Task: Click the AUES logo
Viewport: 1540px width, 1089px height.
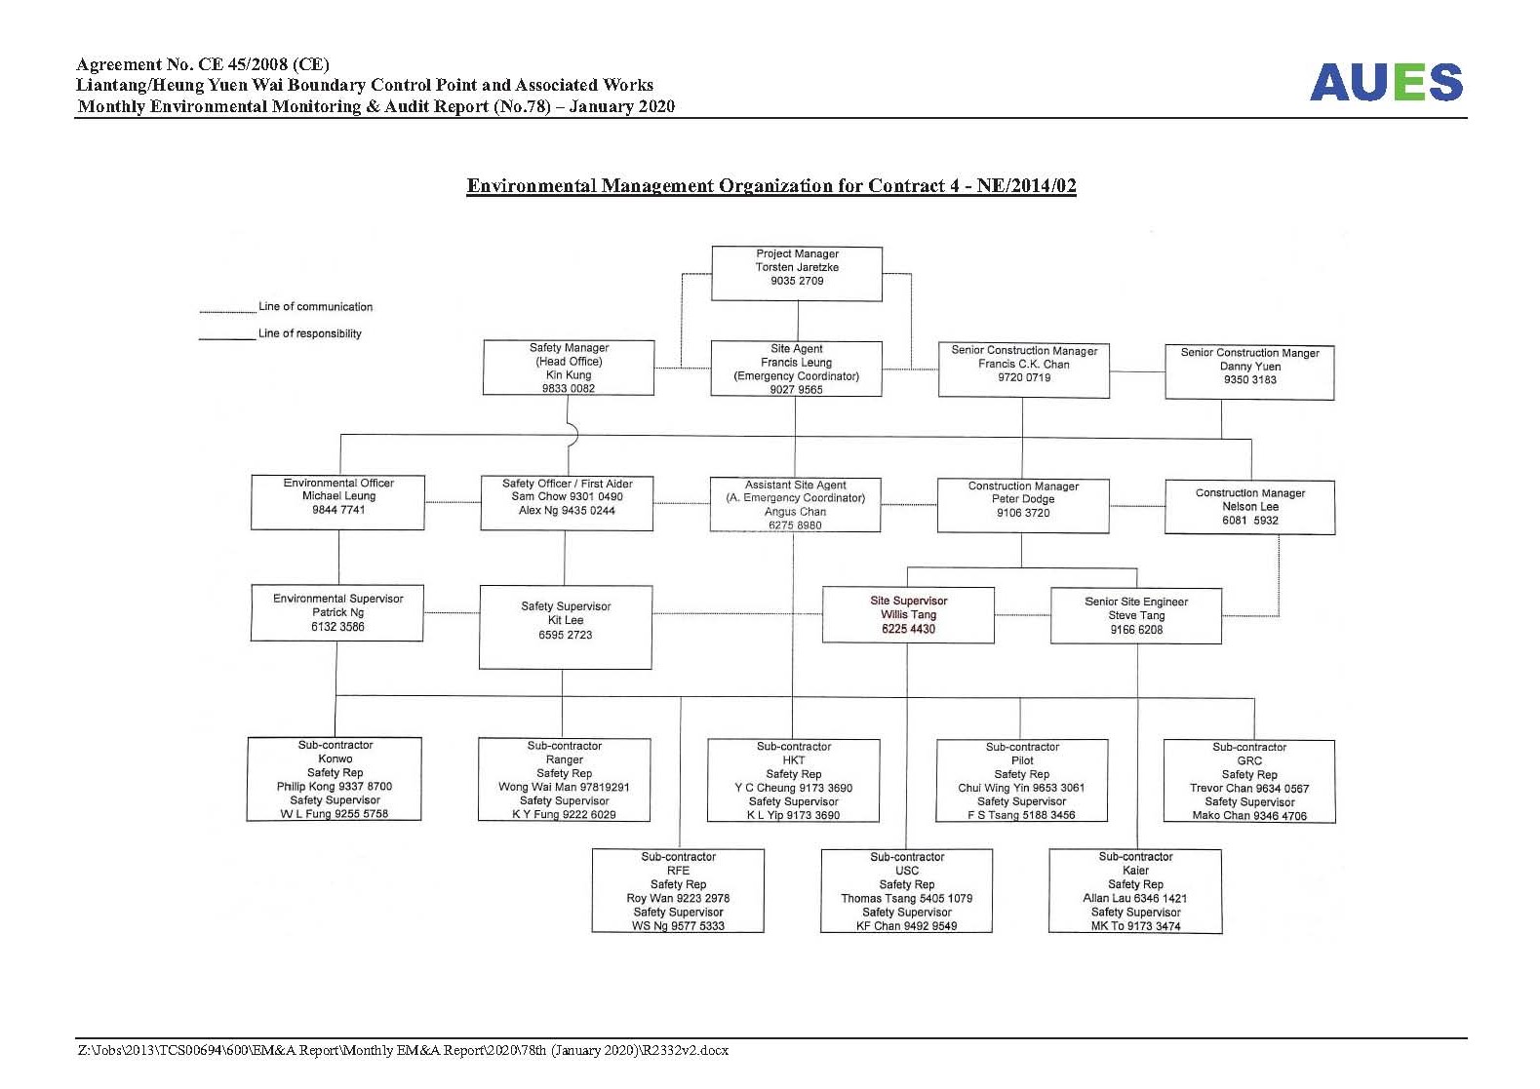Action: pyautogui.click(x=1386, y=82)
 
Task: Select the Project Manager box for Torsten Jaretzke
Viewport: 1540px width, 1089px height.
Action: pyautogui.click(x=797, y=273)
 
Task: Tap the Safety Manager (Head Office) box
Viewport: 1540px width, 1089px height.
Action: pyautogui.click(x=569, y=368)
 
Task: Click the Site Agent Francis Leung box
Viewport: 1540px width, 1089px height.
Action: pyautogui.click(x=796, y=369)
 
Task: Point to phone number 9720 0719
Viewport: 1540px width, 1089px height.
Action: pyautogui.click(x=1024, y=377)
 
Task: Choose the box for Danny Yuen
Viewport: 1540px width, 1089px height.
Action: pyautogui.click(x=1250, y=372)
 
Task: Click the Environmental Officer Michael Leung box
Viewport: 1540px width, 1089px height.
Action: pyautogui.click(x=337, y=502)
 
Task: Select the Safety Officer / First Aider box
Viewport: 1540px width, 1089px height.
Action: pyautogui.click(x=568, y=504)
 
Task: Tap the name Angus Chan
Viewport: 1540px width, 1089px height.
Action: pyautogui.click(x=796, y=512)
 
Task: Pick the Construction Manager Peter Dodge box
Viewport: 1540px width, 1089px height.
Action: pyautogui.click(x=1023, y=506)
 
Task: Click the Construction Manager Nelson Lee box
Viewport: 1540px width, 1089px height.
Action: pyautogui.click(x=1250, y=508)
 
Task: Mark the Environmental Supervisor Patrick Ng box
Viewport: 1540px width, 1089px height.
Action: pyautogui.click(x=336, y=613)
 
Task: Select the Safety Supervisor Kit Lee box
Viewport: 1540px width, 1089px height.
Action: pyautogui.click(x=566, y=627)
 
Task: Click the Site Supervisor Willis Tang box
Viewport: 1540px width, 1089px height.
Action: pyautogui.click(x=908, y=615)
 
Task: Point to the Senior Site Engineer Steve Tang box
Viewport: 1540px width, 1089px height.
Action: pyautogui.click(x=1136, y=616)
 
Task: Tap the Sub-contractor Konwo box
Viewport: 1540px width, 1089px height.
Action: pyautogui.click(x=335, y=779)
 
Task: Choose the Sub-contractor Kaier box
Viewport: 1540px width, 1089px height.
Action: pyautogui.click(x=1136, y=891)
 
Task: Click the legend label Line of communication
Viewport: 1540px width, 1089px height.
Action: pyautogui.click(x=316, y=306)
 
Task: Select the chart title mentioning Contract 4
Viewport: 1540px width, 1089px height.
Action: pyautogui.click(x=771, y=185)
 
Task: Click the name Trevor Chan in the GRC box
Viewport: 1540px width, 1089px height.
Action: pyautogui.click(x=1217, y=788)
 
